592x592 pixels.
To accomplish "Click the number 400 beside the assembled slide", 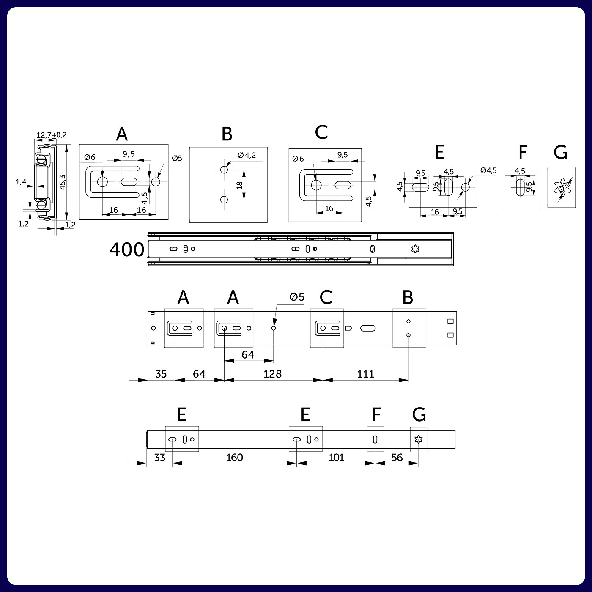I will tap(126, 249).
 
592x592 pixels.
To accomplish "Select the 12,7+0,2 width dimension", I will tap(52, 135).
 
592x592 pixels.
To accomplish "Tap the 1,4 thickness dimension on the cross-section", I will tap(21, 182).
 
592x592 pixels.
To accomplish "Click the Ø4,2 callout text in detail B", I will tap(247, 155).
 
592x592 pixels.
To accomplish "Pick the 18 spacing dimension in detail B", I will tap(240, 185).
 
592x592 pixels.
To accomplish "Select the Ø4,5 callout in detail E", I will tap(488, 170).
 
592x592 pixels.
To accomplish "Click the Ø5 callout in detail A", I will tap(177, 158).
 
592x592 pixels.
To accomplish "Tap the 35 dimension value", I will tap(161, 374).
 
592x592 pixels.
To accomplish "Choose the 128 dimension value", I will tap(272, 374).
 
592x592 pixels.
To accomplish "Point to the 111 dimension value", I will tap(365, 374).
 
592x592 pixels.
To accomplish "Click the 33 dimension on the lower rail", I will tap(159, 458).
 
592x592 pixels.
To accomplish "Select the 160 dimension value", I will tap(234, 458).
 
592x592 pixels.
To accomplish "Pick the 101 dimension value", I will tap(336, 458).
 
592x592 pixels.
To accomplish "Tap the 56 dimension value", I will tap(397, 458).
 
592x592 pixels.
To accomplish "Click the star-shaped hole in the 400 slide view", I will tap(415, 249).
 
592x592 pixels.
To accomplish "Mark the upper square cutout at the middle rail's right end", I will tap(451, 321).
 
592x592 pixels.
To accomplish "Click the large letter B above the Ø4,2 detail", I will tap(227, 134).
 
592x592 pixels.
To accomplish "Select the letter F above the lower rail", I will tap(376, 415).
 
